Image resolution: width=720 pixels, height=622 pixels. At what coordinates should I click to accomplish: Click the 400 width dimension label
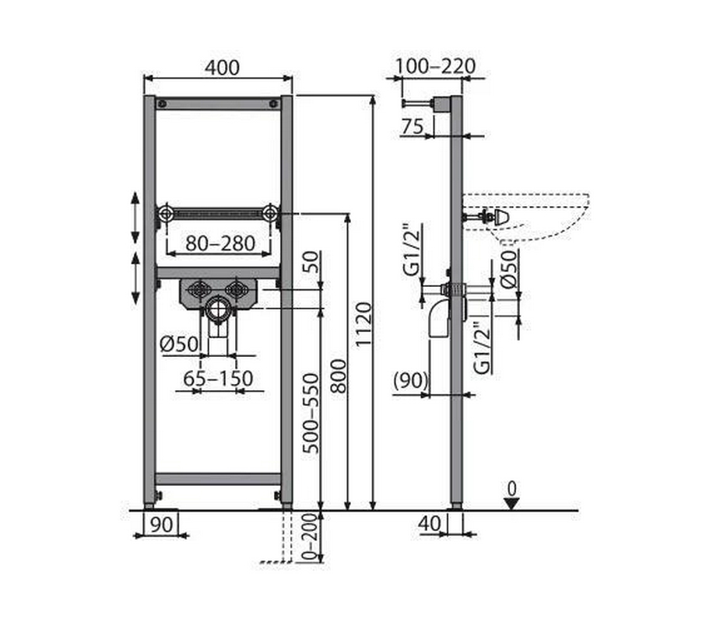click(222, 68)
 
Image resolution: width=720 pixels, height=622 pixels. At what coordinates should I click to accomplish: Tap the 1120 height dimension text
click(364, 324)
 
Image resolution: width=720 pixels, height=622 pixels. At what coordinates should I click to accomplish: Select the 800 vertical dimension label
click(339, 376)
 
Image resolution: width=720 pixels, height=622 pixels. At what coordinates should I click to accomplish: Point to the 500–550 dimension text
click(311, 414)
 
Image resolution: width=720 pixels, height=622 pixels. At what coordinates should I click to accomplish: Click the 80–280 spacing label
click(220, 243)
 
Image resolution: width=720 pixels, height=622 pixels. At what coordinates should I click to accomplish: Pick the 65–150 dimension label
click(218, 379)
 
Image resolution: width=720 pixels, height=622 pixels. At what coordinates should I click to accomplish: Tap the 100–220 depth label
click(435, 67)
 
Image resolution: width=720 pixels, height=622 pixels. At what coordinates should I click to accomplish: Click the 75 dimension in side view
click(412, 126)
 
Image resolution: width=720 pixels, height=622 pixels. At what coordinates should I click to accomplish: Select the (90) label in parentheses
click(411, 380)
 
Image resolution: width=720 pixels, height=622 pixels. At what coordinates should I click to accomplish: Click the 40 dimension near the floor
click(430, 523)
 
